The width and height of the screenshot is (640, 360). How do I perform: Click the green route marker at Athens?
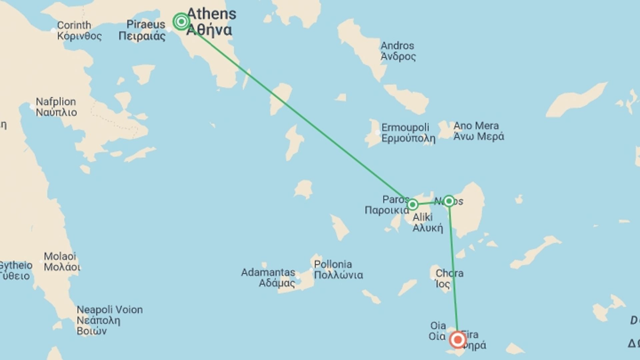(181, 22)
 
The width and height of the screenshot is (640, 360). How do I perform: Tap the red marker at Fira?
(458, 340)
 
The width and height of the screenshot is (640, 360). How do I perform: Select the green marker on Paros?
(412, 204)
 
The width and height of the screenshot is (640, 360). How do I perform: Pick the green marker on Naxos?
(449, 201)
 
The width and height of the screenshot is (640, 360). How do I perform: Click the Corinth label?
(74, 25)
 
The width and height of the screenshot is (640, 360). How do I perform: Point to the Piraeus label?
(146, 24)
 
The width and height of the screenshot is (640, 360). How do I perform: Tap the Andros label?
(397, 46)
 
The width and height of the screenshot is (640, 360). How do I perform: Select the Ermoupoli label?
(405, 128)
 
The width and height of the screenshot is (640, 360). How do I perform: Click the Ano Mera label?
(476, 126)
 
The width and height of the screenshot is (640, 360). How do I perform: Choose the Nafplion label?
(56, 102)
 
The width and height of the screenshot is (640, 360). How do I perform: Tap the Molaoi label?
(60, 256)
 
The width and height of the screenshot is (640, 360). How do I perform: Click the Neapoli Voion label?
(110, 310)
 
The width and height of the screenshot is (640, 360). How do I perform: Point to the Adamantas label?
(268, 272)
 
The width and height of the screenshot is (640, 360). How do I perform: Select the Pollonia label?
(333, 264)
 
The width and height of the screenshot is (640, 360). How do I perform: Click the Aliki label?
(423, 217)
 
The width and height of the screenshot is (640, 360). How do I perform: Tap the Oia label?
(438, 326)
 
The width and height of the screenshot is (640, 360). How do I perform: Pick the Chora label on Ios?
(449, 273)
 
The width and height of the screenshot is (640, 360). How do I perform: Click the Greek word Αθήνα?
(209, 30)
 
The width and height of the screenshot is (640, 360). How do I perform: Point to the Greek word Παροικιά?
(387, 210)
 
